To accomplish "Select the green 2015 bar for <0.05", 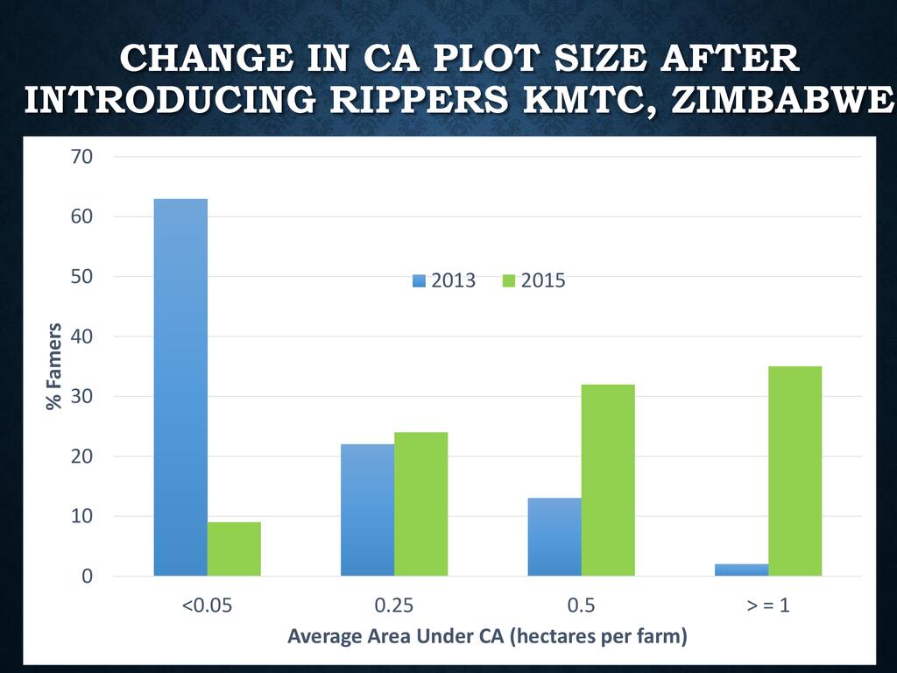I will tap(234, 549).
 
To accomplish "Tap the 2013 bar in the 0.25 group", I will tap(367, 510).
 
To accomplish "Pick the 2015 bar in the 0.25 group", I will tap(420, 504).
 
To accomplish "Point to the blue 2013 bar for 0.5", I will tap(554, 536).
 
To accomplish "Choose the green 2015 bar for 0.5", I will tap(608, 480).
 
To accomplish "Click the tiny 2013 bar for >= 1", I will tap(741, 570).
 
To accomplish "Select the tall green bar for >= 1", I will tap(795, 471).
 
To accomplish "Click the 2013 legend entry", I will tap(444, 281).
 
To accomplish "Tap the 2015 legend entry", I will tap(533, 281).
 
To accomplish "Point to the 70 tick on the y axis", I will tap(78, 158).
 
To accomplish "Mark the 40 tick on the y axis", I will tap(78, 337).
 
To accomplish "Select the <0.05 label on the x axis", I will tap(207, 606).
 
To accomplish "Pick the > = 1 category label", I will tap(768, 606).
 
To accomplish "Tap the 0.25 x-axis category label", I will tap(394, 606).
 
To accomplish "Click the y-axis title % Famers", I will tap(54, 366).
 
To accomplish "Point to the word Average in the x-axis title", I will tap(324, 636).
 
